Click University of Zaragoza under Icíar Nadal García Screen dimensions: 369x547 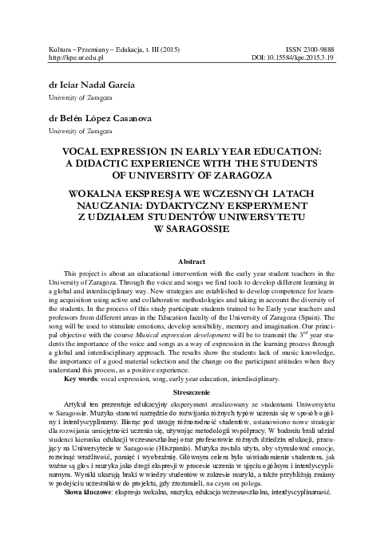tap(77, 97)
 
